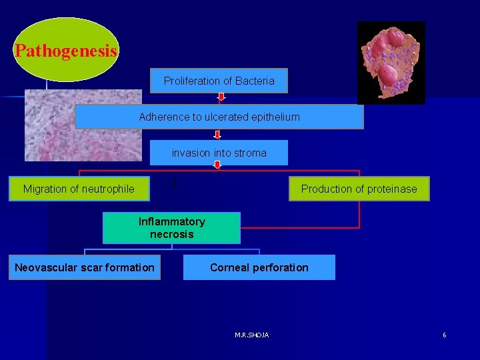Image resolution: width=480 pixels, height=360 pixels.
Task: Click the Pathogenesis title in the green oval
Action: pos(66,51)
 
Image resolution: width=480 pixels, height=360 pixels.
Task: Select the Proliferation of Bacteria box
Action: pos(219,81)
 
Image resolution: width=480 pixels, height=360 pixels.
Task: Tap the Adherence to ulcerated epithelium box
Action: pos(219,117)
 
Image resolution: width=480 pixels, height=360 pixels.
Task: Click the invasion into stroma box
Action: pos(219,153)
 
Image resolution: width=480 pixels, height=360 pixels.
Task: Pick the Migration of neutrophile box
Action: pos(79,189)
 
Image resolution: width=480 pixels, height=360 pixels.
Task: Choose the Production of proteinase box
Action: pos(359,189)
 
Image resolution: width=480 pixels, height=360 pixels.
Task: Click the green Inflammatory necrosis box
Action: pos(171,228)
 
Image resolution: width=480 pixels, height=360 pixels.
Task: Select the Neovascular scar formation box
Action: pos(85,268)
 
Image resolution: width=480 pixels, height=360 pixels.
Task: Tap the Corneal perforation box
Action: pos(259,268)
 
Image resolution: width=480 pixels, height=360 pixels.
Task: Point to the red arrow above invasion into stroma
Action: pos(217,135)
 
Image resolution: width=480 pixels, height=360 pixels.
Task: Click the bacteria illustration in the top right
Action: pos(391,63)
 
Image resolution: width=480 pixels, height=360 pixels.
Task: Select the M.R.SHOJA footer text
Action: pos(252,335)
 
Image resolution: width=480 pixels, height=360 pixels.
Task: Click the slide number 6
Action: pos(444,335)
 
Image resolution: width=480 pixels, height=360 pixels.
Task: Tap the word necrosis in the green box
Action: pos(171,235)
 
